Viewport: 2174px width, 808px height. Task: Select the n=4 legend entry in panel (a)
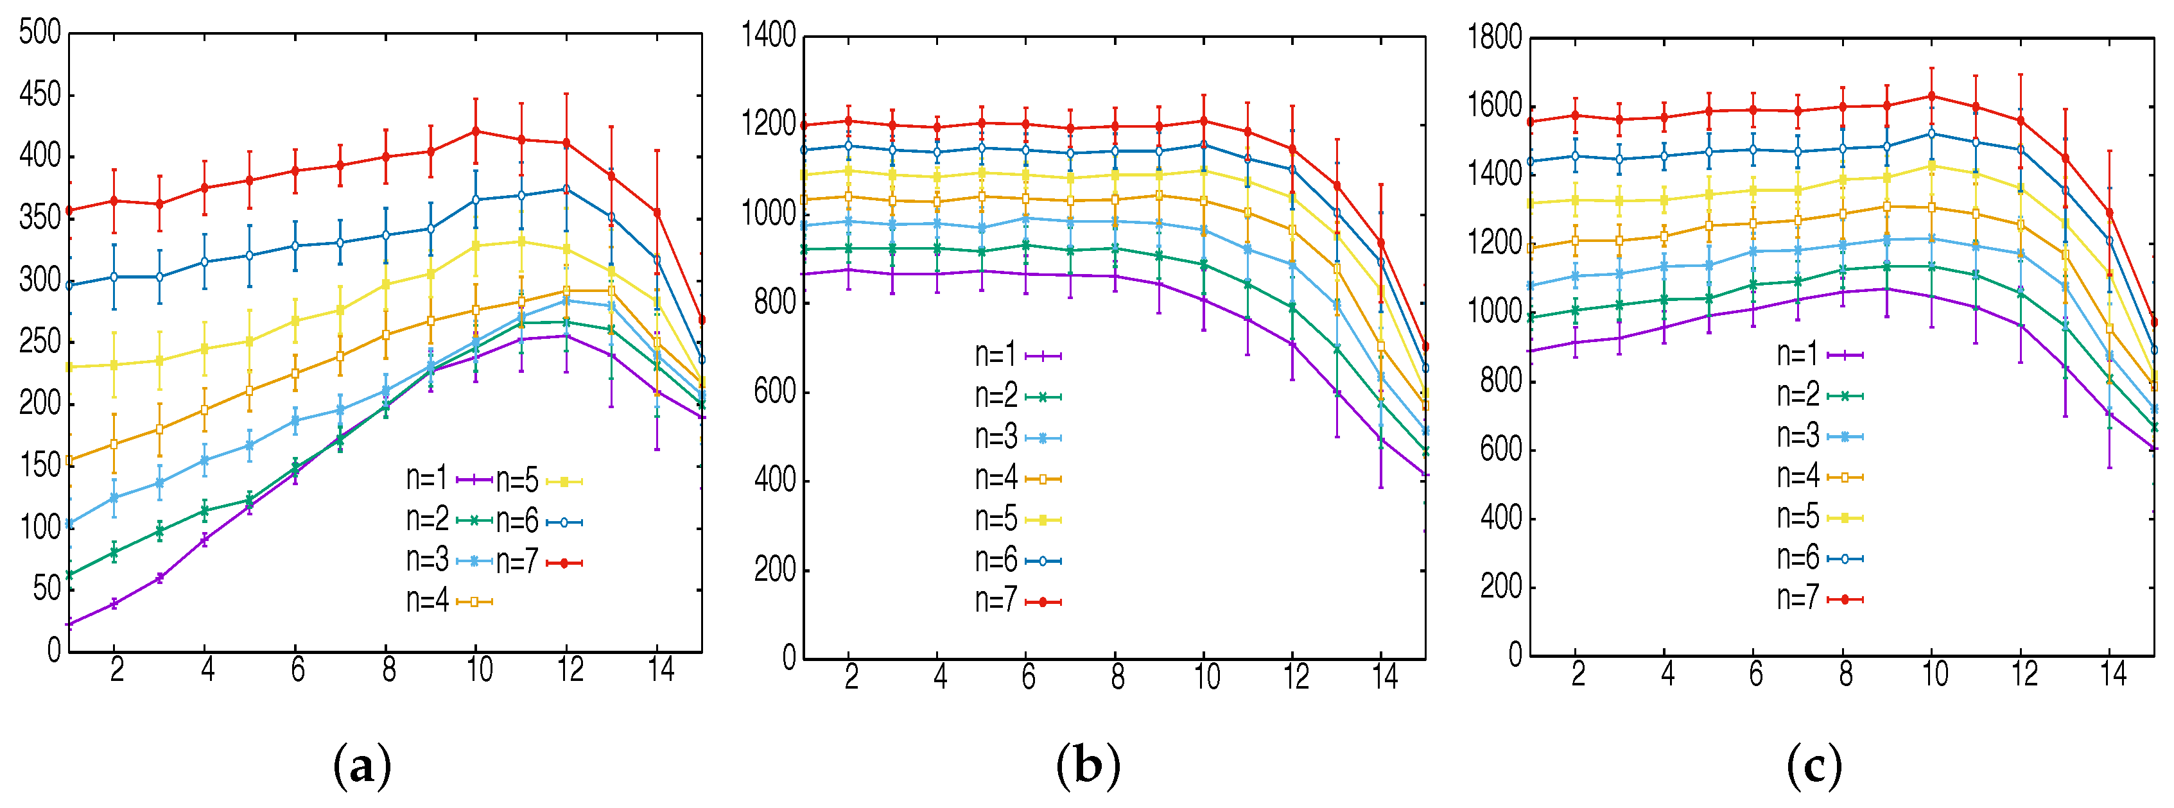click(448, 601)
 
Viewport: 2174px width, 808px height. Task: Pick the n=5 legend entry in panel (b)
click(1017, 520)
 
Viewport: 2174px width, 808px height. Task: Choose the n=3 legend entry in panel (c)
click(1819, 436)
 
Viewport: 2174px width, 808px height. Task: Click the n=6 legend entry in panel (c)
click(1819, 558)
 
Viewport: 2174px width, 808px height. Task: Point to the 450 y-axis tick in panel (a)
click(40, 94)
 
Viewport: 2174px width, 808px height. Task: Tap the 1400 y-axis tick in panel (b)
click(768, 35)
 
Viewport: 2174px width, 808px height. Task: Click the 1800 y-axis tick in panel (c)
click(1495, 37)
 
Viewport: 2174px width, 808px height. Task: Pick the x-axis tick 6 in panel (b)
click(1028, 676)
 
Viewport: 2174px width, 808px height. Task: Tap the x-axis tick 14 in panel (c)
click(2113, 674)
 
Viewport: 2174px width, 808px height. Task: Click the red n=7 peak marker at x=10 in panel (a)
click(475, 131)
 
